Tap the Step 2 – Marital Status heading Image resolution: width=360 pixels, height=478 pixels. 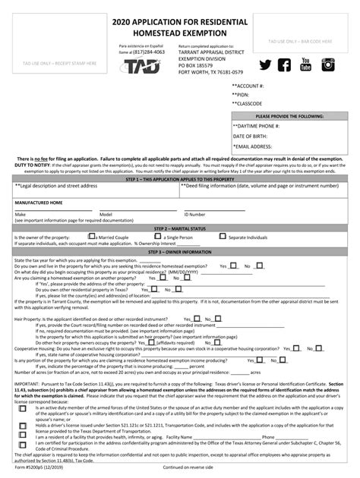point(179,228)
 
